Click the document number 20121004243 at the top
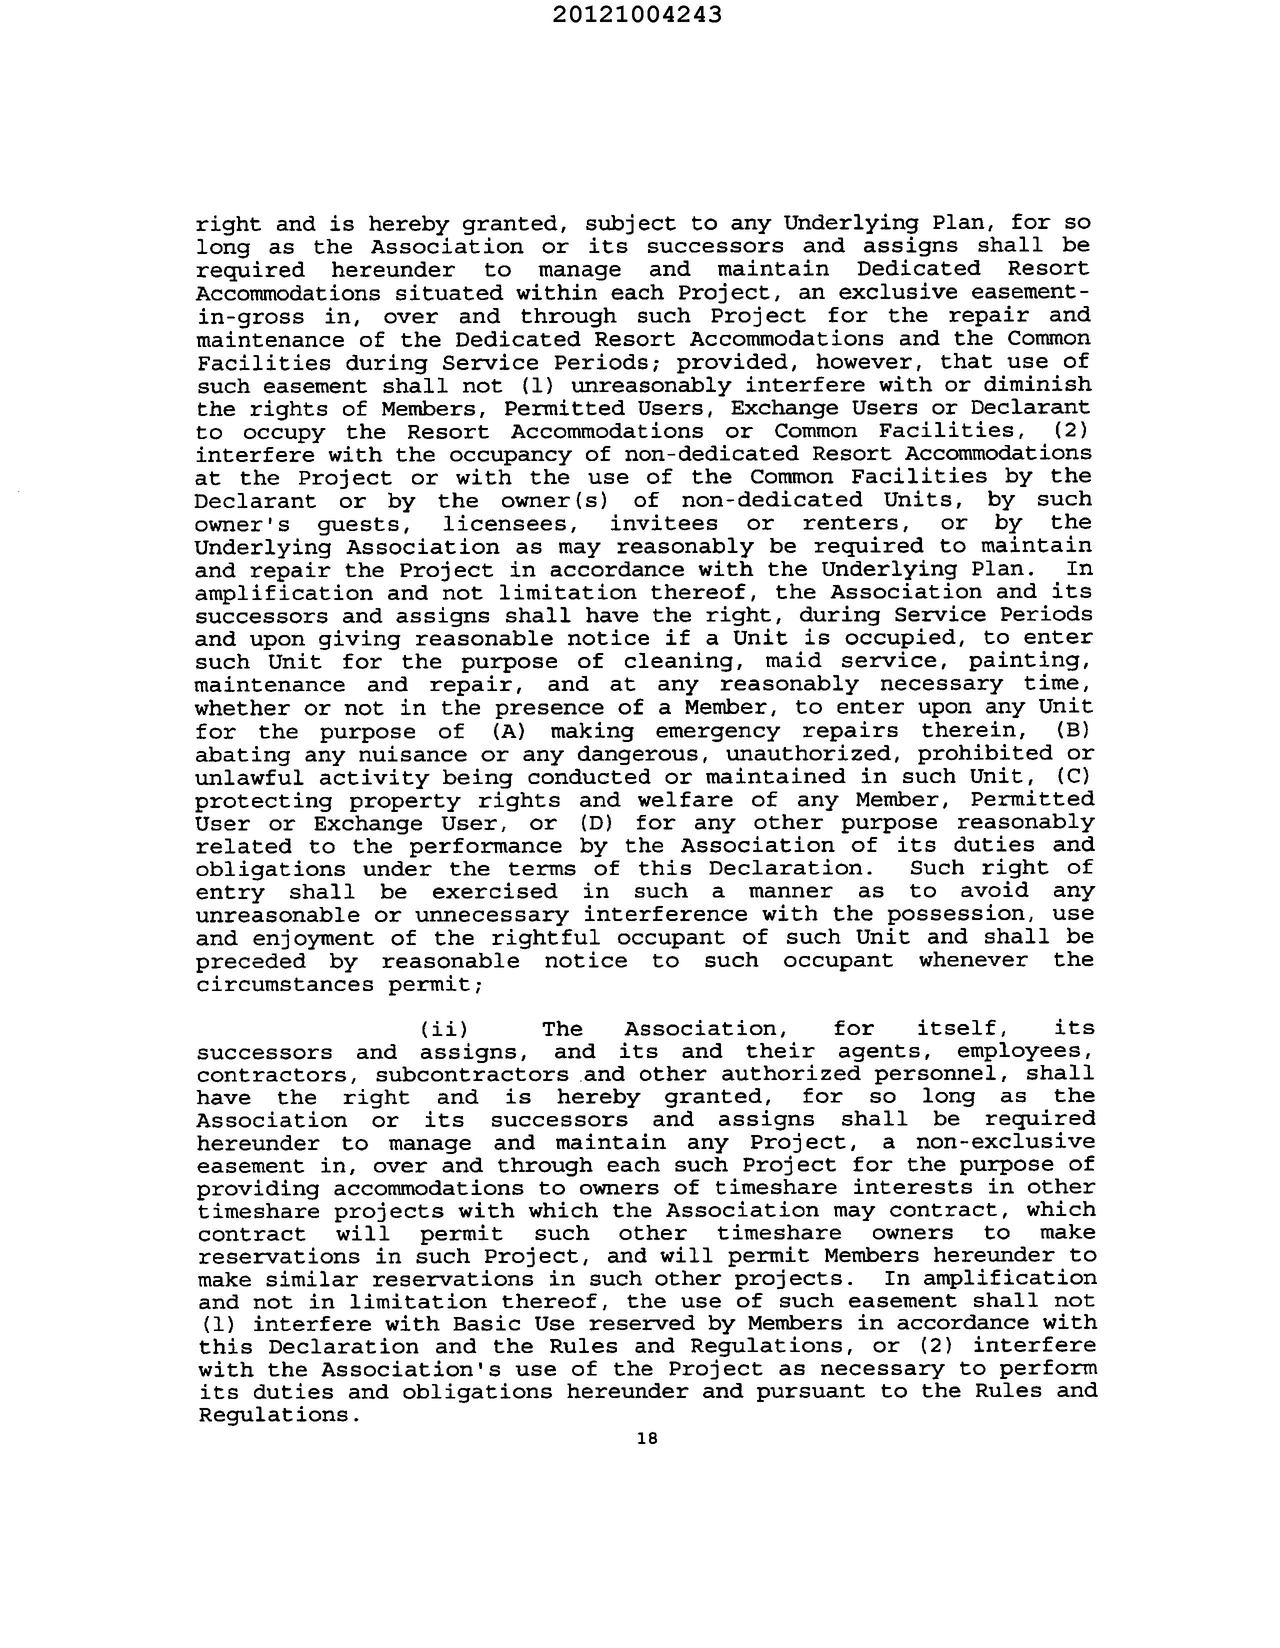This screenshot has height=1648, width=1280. tap(637, 15)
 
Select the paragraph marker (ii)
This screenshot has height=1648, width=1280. tap(444, 1028)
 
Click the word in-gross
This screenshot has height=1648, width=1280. tap(250, 317)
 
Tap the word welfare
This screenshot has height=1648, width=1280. tap(684, 800)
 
